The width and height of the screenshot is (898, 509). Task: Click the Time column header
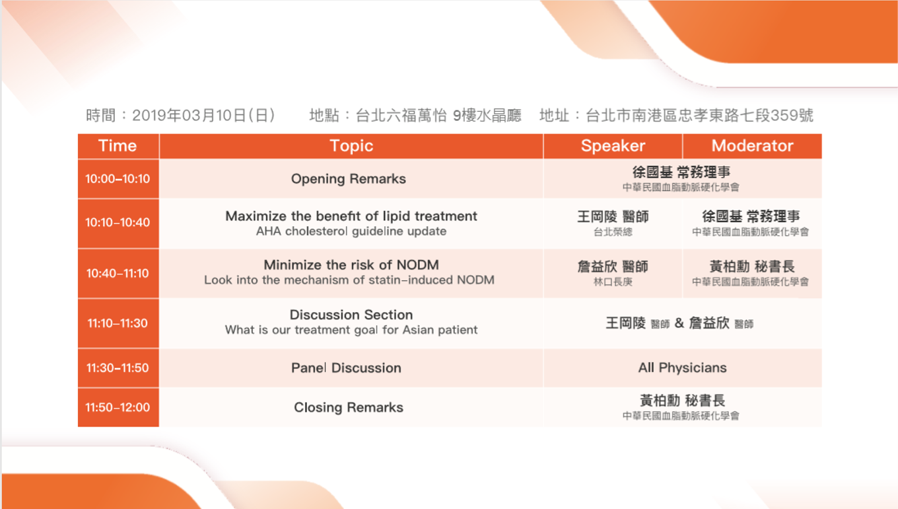coord(118,145)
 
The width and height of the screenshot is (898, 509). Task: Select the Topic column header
coord(351,145)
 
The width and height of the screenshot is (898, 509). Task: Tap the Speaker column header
coord(613,145)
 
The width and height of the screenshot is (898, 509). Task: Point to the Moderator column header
coord(753,145)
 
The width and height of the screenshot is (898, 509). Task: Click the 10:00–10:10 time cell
coord(118,178)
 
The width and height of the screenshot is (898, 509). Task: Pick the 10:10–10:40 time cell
coord(118,222)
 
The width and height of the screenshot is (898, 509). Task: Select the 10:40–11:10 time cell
coord(118,274)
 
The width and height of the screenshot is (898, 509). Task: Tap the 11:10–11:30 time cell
coord(118,323)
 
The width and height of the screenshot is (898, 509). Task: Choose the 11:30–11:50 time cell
coord(118,368)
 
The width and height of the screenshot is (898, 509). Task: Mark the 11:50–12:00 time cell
coord(118,407)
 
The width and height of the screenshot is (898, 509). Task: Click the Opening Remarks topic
coord(349,179)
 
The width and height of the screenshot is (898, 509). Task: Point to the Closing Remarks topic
coord(349,407)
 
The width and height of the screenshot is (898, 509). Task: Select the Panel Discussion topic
coord(346,368)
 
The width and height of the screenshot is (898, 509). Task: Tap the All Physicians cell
coord(682,368)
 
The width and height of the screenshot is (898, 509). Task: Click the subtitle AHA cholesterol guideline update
coord(351,231)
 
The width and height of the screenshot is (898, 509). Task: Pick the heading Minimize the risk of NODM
coord(351,265)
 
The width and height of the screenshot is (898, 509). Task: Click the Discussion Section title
coord(351,315)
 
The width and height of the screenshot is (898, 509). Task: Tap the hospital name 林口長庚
coord(613,282)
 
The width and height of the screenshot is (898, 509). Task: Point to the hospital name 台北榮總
coord(613,232)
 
